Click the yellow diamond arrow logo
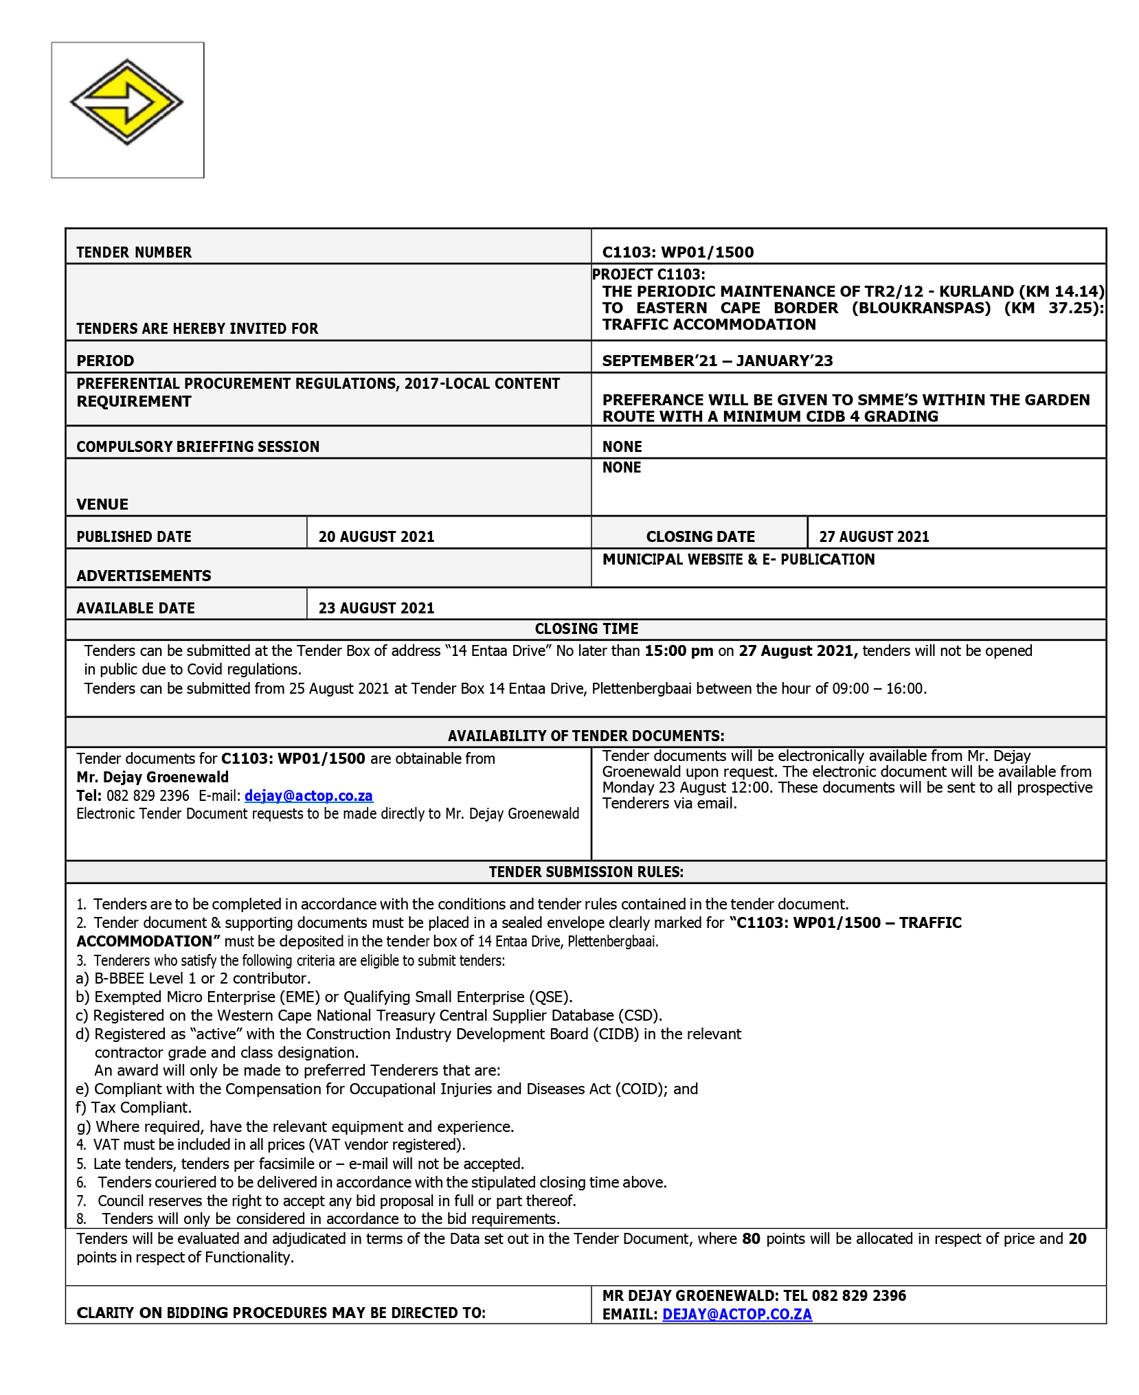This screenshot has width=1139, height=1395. point(127,102)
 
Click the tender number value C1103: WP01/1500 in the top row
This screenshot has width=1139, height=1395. point(677,252)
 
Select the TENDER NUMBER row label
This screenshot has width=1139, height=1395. point(134,253)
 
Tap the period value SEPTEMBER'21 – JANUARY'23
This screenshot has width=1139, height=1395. point(717,361)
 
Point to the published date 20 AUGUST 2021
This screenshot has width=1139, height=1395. point(376,536)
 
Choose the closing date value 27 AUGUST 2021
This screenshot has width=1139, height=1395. point(873,536)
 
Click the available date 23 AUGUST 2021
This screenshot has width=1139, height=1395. point(376,608)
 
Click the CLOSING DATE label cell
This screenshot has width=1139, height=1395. point(699,536)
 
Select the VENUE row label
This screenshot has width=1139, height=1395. point(102,504)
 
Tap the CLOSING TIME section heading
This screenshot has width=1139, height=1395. point(586,628)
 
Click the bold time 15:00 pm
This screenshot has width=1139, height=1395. point(678,650)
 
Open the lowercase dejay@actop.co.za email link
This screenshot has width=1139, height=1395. point(308,795)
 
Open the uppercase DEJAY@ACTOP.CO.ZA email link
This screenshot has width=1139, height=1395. point(736,1314)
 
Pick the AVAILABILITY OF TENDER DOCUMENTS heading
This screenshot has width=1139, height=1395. point(586,736)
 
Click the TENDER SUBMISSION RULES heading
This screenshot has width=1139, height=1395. point(586,872)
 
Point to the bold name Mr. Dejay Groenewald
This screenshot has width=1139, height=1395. point(153,777)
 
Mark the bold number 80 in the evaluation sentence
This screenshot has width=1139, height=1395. point(751,1238)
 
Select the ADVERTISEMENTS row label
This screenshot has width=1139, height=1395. point(144,576)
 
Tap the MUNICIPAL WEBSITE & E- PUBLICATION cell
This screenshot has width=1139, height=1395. point(738,559)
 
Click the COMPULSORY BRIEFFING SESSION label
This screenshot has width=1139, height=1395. point(198,446)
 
